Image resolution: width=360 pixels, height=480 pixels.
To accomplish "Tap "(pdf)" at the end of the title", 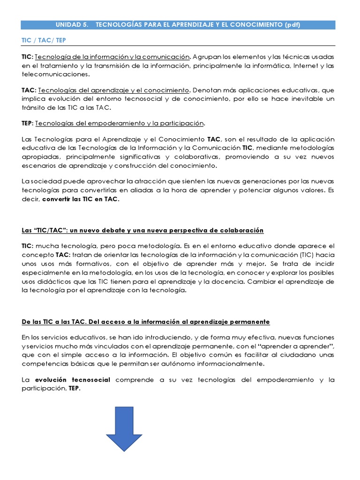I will [292, 25].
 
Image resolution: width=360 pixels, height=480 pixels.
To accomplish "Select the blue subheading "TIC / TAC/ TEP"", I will [44, 40].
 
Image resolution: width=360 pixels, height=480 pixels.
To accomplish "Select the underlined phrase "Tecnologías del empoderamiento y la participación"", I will [120, 123].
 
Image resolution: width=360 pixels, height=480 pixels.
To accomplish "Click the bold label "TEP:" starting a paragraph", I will [28, 123].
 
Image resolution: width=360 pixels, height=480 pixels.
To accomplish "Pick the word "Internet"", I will [306, 66].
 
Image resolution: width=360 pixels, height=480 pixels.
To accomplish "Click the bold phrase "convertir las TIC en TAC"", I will [81, 199].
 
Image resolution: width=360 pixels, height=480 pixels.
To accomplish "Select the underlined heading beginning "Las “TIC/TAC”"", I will [142, 230].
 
